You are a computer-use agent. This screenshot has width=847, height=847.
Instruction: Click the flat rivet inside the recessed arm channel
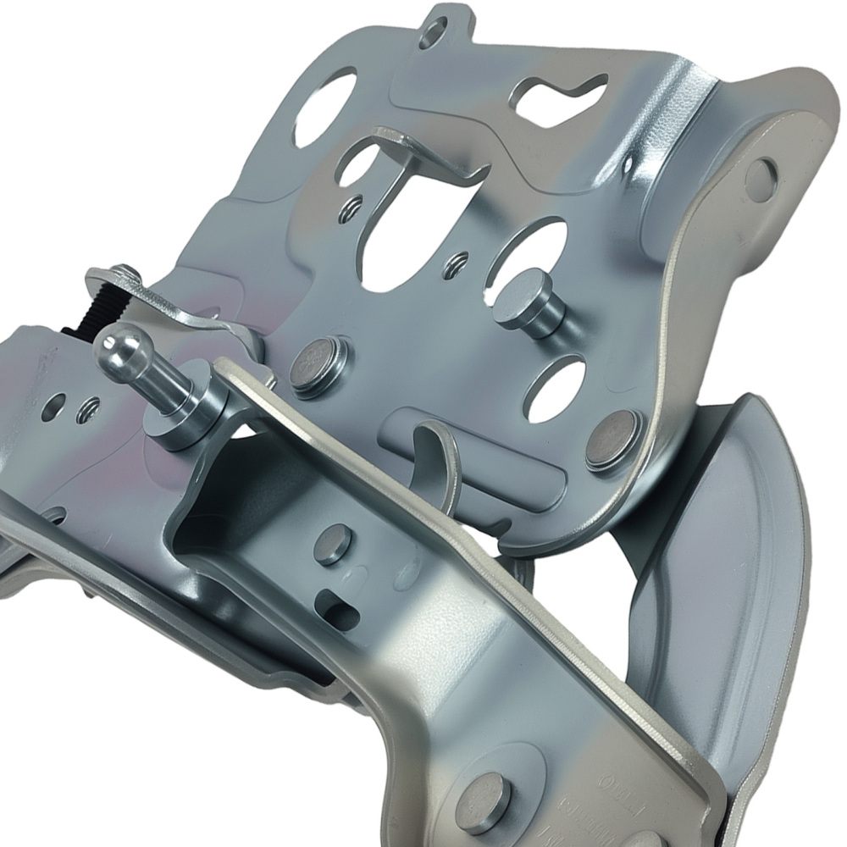[332, 543]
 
